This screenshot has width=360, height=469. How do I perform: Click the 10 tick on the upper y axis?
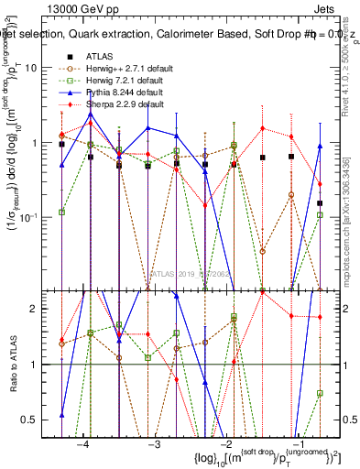pyautogui.click(x=42, y=69)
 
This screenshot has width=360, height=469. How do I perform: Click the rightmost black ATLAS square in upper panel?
pyautogui.click(x=320, y=203)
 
